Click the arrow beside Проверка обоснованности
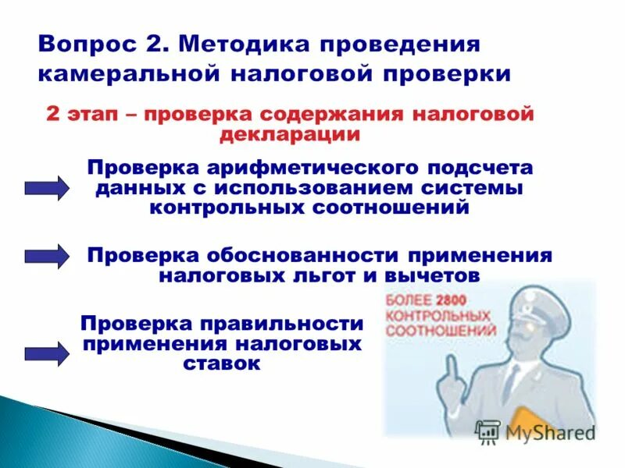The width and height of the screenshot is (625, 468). point(47,256)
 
